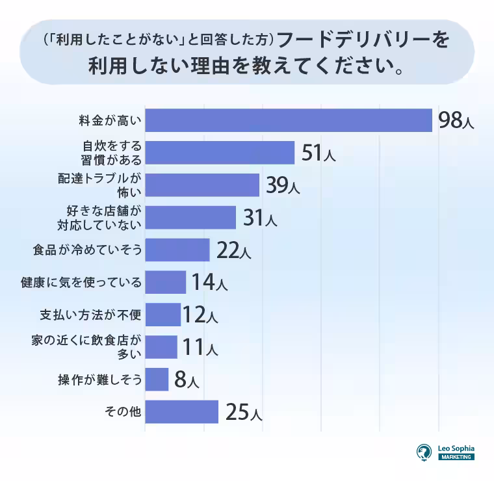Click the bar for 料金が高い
coord(289,120)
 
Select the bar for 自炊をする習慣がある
coord(220,153)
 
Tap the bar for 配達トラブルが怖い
coord(202,185)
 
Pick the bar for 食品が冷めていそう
coord(177,250)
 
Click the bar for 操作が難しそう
coord(157,380)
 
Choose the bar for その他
coord(181,411)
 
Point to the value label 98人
coord(456,121)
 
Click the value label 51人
coord(318,153)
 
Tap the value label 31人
coord(259,218)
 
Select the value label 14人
coord(209,283)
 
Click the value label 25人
coord(243,412)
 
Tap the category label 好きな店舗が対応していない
coord(104,218)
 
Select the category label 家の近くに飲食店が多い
coord(86,347)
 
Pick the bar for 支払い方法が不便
coord(162,315)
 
